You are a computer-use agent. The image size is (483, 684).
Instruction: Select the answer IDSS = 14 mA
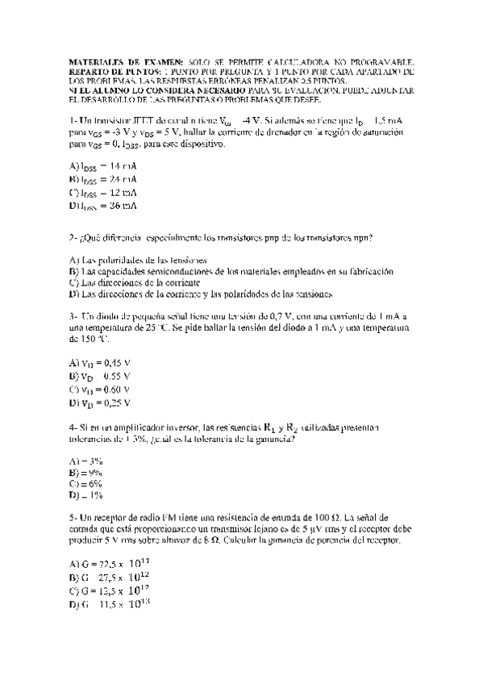(103, 165)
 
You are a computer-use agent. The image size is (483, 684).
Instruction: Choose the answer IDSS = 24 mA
(103, 179)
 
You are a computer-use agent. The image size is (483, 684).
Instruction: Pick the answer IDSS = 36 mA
(103, 206)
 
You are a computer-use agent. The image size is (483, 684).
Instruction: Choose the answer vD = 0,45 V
(100, 363)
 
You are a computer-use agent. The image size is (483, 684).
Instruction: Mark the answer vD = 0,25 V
(100, 402)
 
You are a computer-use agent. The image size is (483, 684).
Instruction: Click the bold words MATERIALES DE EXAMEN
(115, 61)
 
